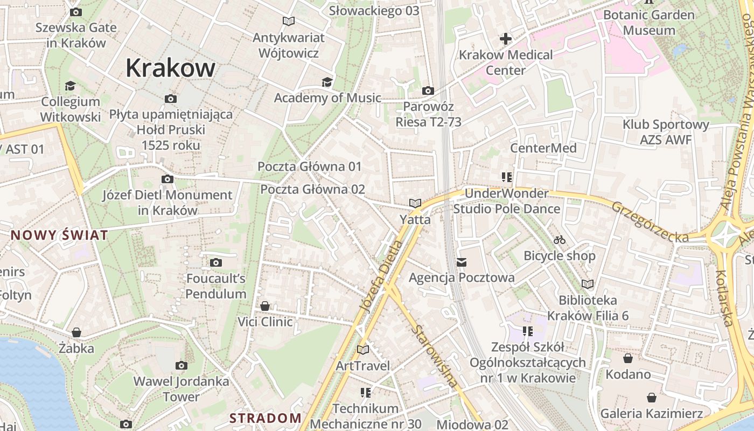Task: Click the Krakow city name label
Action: (170, 68)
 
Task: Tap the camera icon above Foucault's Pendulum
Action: (216, 262)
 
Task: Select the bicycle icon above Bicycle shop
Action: (560, 240)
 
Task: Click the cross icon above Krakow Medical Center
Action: (505, 39)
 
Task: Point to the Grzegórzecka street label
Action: (650, 222)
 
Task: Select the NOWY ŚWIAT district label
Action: (59, 235)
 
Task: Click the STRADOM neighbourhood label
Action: (266, 418)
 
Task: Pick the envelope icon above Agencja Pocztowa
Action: (462, 262)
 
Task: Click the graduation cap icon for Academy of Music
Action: (327, 82)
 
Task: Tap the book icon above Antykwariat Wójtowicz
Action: (289, 22)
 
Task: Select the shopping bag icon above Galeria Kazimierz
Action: (652, 398)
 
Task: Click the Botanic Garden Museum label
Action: (649, 23)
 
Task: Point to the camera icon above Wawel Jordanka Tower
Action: (181, 365)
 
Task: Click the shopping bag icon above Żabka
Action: (76, 332)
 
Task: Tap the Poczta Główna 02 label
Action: (312, 190)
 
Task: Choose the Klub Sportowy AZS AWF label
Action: (666, 132)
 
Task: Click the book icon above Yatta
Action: (415, 203)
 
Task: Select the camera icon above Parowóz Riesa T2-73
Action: (428, 91)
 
